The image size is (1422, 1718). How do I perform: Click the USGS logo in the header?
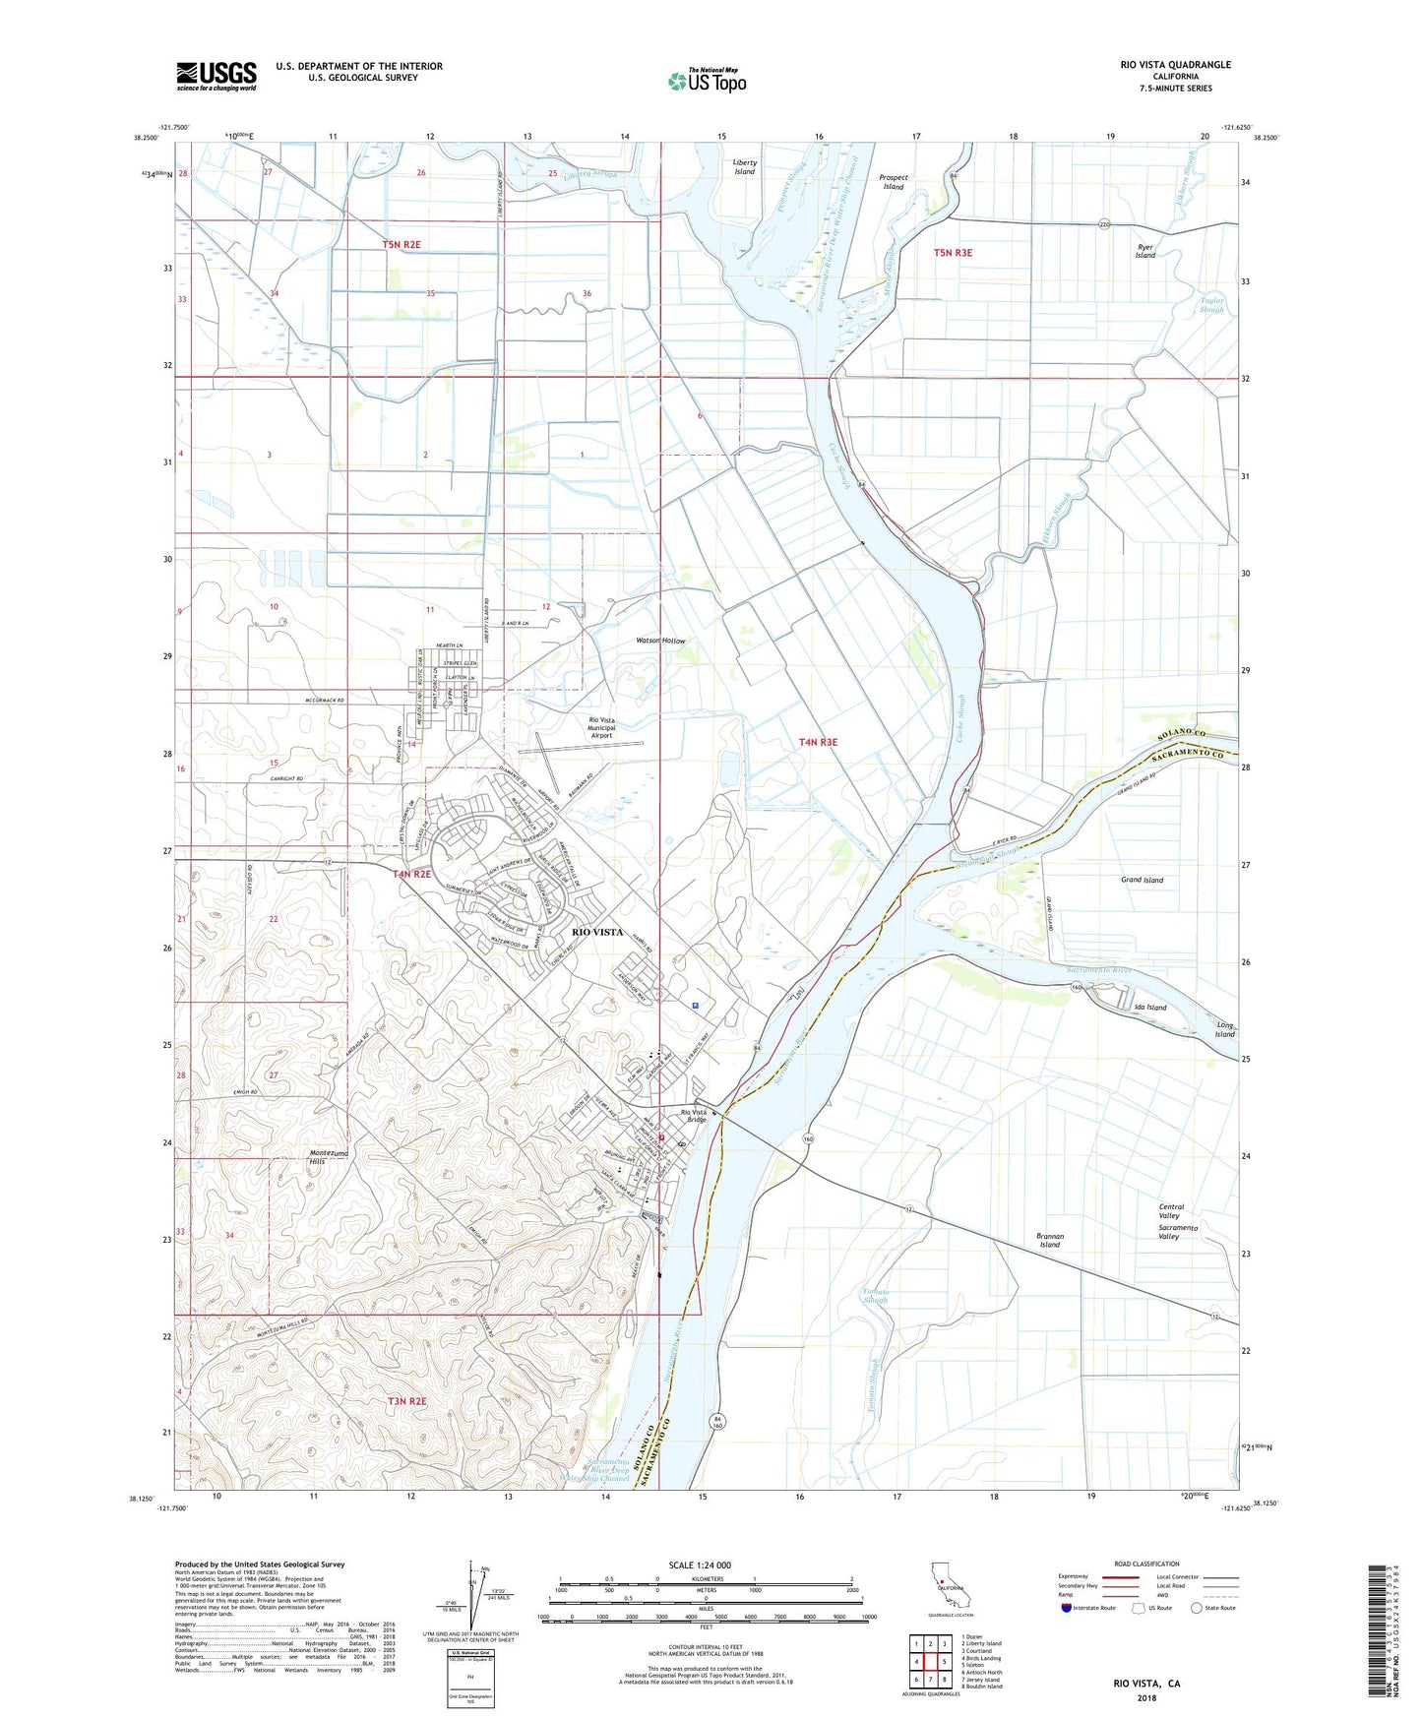point(216,76)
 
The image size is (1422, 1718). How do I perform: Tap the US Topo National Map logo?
point(707,81)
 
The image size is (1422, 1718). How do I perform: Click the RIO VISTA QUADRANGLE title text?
point(1175,65)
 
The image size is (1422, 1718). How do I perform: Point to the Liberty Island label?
point(744,166)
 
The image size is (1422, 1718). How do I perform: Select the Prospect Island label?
point(893,182)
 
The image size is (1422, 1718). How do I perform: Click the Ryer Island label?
point(1144,250)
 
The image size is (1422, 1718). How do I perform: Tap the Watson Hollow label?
point(660,641)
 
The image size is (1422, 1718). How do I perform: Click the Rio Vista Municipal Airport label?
point(601,727)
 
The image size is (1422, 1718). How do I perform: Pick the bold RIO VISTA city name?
point(597,932)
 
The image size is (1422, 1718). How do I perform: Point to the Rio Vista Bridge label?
point(695,1116)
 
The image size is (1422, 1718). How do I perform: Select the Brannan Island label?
point(1050,1240)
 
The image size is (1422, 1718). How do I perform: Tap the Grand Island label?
point(1142,880)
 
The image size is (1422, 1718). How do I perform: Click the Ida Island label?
point(1149,1008)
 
